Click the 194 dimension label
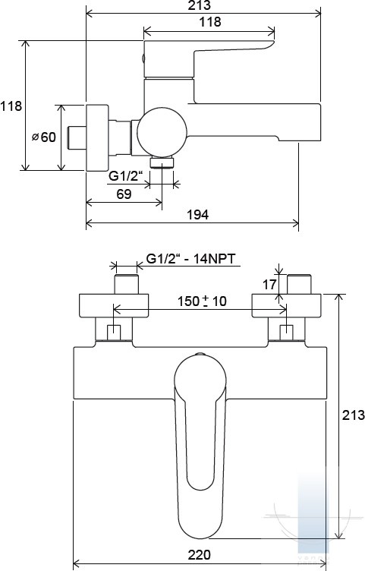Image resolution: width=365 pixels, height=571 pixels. pyautogui.click(x=197, y=214)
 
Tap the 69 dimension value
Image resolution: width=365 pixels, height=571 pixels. pyautogui.click(x=124, y=194)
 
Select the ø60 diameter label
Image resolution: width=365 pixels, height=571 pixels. pyautogui.click(x=44, y=137)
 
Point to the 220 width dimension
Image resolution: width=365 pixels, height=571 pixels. pyautogui.click(x=200, y=555)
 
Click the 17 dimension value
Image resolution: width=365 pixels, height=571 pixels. pyautogui.click(x=269, y=285)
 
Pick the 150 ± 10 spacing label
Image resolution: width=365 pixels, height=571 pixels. pyautogui.click(x=202, y=301)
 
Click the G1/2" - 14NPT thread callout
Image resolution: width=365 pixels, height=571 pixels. pyautogui.click(x=190, y=259)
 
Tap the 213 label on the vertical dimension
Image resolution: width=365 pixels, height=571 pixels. pyautogui.click(x=353, y=415)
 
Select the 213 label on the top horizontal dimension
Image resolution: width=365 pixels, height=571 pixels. pyautogui.click(x=200, y=5)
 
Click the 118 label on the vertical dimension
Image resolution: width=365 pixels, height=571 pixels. pyautogui.click(x=11, y=106)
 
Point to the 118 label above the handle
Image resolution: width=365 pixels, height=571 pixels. pyautogui.click(x=210, y=22)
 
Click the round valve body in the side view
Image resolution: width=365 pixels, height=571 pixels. pyautogui.click(x=162, y=132)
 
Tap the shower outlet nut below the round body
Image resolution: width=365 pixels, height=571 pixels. pyautogui.click(x=162, y=162)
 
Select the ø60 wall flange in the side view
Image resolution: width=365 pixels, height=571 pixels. pyautogui.click(x=98, y=137)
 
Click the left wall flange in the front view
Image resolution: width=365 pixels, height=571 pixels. pyautogui.click(x=114, y=305)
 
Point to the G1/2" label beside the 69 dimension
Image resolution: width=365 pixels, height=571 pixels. pyautogui.click(x=124, y=176)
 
